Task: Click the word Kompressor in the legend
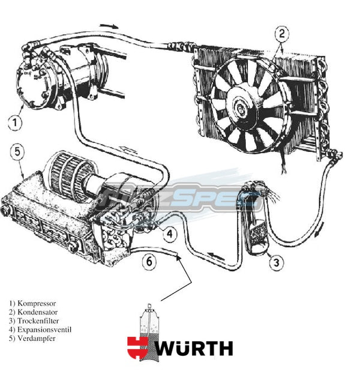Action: pyautogui.click(x=38, y=304)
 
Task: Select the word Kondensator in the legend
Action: pyautogui.click(x=40, y=313)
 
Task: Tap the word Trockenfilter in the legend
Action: pyautogui.click(x=41, y=321)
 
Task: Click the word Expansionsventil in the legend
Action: pyautogui.click(x=44, y=329)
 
